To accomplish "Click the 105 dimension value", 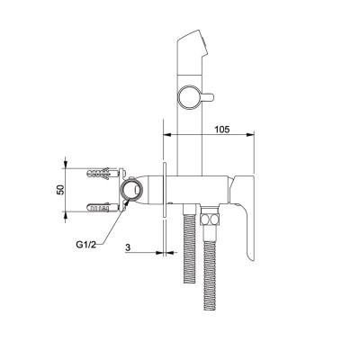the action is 222,130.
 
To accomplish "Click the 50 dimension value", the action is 61,190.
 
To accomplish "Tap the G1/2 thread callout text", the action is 85,245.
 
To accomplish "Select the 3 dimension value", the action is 128,247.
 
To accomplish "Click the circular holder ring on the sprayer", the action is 190,98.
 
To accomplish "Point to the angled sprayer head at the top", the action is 192,51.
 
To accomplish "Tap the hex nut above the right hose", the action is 210,219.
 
